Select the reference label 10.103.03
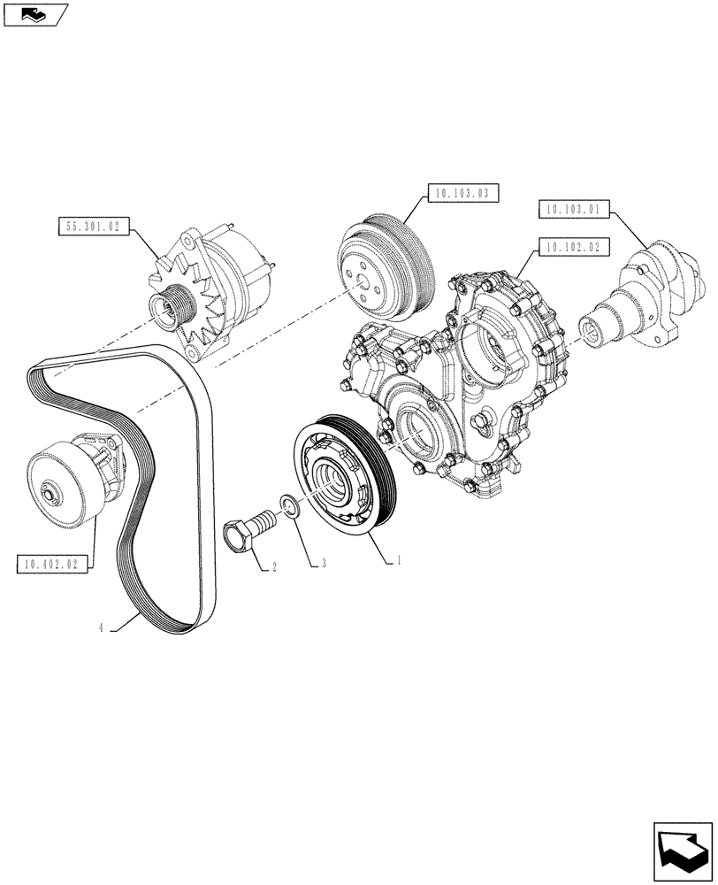pos(463,192)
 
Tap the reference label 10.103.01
pos(572,210)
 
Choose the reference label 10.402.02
pos(52,563)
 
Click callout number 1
pos(400,560)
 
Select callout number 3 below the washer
pos(325,562)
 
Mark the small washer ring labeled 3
pos(289,506)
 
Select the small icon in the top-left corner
pos(34,14)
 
